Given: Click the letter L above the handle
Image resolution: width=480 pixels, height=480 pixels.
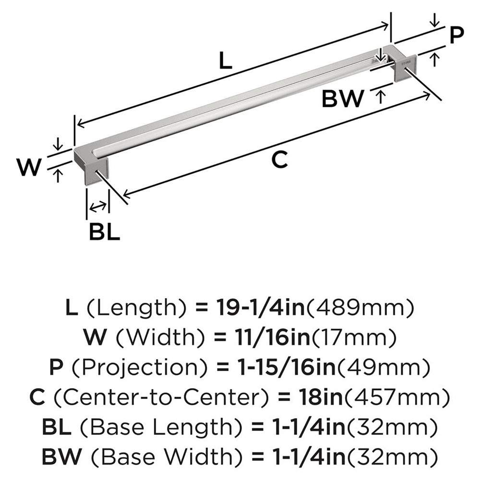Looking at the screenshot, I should click(x=225, y=61).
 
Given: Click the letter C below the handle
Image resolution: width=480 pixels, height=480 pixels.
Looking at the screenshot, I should click(x=279, y=159).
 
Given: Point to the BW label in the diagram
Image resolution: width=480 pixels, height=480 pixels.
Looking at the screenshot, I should click(x=343, y=99).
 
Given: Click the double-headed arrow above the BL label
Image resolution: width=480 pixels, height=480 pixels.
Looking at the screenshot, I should click(x=98, y=206).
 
